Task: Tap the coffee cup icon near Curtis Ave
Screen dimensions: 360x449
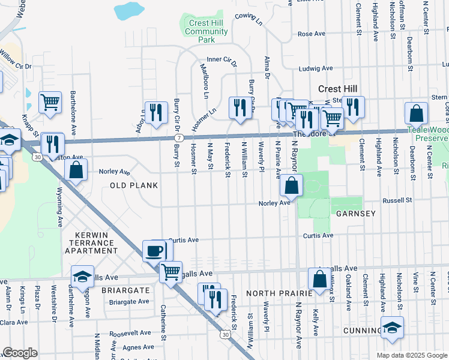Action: click(x=155, y=250)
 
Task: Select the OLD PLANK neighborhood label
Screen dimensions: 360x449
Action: click(x=133, y=185)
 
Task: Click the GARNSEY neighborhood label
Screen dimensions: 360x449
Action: click(x=355, y=214)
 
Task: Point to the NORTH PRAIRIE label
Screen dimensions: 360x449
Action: click(x=279, y=293)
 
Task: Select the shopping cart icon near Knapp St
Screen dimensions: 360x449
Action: click(x=50, y=102)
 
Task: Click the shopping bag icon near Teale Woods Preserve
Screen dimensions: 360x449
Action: click(x=416, y=113)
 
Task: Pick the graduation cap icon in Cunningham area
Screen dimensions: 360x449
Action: click(x=392, y=328)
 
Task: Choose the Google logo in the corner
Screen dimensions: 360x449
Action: click(x=20, y=353)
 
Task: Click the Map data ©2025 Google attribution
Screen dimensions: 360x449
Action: click(x=411, y=355)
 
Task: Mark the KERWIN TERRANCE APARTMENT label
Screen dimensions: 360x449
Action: click(x=87, y=242)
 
